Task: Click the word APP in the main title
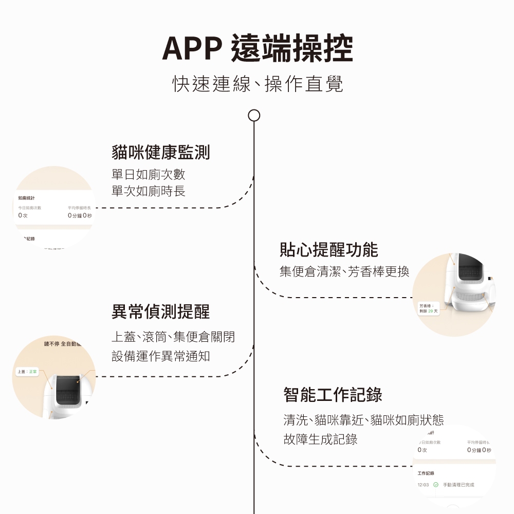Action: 191,49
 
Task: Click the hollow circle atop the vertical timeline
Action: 254,115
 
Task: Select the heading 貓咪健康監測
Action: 160,152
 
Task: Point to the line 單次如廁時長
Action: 148,191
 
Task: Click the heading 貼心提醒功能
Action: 328,249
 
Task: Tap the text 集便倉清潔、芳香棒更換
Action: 344,271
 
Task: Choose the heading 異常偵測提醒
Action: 160,311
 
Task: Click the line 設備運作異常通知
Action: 160,356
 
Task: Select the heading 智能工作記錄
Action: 333,395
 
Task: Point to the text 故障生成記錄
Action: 320,439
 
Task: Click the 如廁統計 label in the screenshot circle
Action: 27,197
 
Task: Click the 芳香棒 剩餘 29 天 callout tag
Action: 428,309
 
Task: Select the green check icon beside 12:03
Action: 436,485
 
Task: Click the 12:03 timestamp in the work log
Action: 424,485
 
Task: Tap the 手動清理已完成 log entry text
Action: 458,485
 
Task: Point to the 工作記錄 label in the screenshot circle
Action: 426,473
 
